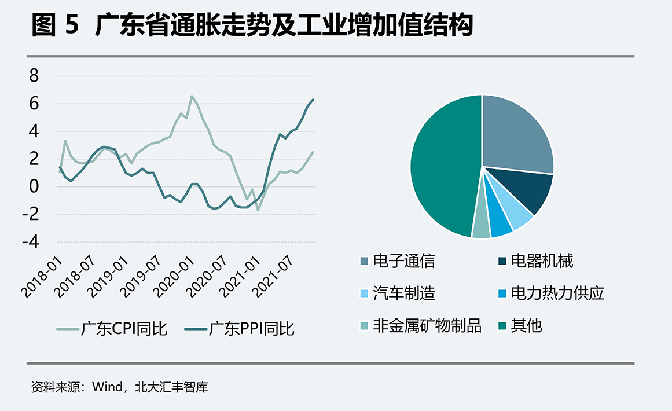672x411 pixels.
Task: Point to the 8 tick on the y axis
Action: pos(34,76)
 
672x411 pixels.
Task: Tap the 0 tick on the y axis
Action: pos(34,186)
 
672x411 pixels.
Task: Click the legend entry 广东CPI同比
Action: pos(112,329)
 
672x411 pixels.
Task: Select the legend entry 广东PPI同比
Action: pos(240,329)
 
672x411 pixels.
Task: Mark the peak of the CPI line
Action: pos(192,96)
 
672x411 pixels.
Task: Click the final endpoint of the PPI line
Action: pos(313,100)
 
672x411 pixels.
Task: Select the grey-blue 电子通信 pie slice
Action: pos(515,133)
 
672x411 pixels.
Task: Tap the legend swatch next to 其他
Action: pos(501,326)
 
